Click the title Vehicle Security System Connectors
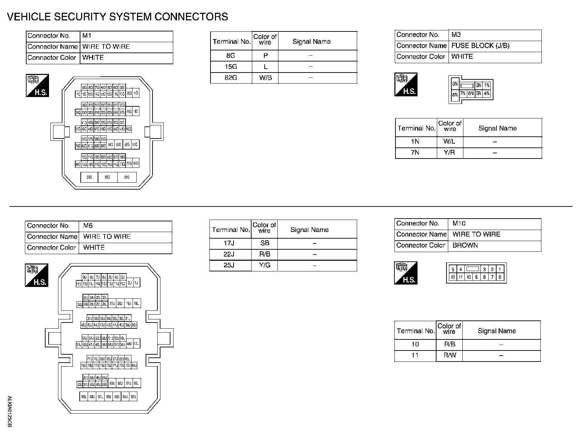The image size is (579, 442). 117,17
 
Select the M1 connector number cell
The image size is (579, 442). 126,36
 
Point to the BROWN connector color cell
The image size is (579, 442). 494,246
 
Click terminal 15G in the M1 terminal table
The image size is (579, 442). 230,67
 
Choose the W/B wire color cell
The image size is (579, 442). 265,78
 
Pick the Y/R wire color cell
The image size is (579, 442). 450,152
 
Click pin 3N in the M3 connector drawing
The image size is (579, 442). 455,84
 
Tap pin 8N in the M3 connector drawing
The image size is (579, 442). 455,94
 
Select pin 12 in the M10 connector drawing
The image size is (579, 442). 453,277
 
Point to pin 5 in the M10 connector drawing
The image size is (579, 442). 453,269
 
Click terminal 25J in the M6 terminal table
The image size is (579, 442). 229,265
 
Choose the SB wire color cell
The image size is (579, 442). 265,243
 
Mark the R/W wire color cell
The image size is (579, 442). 449,355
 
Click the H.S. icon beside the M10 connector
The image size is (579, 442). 406,273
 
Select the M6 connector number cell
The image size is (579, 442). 125,226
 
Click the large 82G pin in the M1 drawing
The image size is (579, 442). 107,177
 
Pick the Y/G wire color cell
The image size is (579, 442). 265,265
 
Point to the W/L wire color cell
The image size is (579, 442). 450,141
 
